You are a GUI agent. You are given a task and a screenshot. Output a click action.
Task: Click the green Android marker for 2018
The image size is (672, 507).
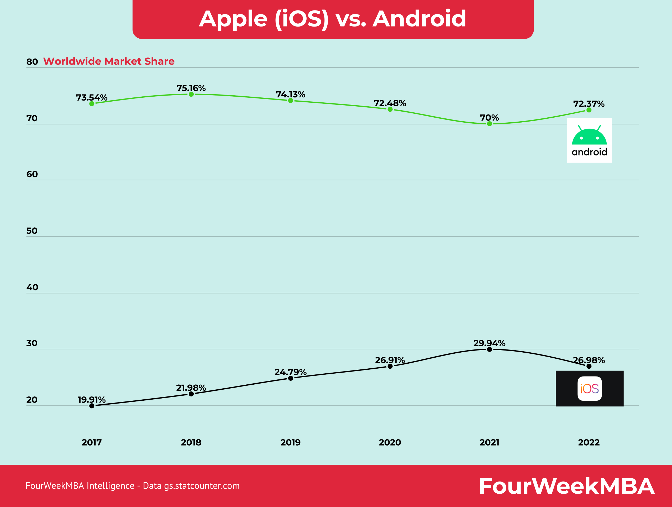191,94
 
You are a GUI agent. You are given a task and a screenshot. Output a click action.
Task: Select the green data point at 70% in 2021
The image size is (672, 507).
489,124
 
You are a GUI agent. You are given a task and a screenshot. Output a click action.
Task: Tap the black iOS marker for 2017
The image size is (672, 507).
92,406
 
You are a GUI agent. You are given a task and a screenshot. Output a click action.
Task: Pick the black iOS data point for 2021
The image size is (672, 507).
489,349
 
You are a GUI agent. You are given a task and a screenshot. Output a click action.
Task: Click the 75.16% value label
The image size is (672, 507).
191,88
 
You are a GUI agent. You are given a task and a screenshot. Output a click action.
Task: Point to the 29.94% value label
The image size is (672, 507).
489,343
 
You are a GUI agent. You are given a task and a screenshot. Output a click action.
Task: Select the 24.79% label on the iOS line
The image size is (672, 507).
290,372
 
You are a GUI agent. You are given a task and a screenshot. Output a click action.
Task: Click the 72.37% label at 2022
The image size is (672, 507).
589,104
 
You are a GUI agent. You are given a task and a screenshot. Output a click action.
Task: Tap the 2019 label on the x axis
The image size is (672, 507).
290,442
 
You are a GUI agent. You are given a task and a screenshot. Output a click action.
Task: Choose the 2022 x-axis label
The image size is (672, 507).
589,442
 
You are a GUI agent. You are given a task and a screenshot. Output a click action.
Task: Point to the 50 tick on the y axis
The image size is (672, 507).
32,231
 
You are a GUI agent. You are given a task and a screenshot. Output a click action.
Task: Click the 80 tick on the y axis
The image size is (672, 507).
32,62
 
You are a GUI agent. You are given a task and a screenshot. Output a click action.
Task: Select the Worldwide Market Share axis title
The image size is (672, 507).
109,61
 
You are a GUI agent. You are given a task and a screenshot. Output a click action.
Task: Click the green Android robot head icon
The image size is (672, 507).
589,136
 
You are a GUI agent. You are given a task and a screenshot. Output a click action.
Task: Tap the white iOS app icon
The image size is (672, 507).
590,389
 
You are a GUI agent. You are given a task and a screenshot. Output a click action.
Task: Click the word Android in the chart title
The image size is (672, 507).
419,19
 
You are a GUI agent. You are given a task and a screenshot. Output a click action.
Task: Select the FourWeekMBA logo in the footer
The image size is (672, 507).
566,486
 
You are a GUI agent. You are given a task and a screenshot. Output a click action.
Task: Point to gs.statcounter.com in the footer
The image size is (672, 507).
202,486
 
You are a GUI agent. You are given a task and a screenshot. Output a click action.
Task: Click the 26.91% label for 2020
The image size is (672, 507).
390,360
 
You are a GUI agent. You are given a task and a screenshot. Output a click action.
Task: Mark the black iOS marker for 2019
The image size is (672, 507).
290,378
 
